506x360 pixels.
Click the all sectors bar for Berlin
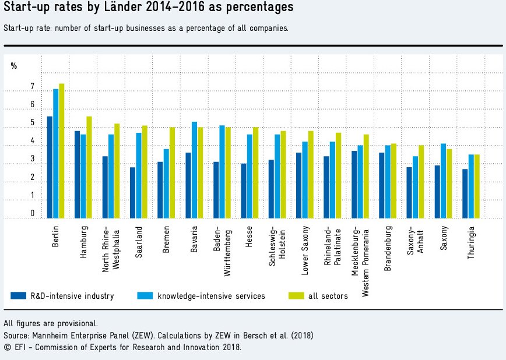(x=61, y=151)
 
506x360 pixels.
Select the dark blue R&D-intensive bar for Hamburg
(x=78, y=175)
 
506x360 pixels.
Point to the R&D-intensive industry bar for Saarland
(x=133, y=193)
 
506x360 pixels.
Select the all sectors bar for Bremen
(x=172, y=173)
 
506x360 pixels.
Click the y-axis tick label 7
(x=33, y=87)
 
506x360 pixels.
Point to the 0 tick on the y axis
(x=33, y=214)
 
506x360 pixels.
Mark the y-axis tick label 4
(x=33, y=142)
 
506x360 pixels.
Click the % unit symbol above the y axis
(x=14, y=66)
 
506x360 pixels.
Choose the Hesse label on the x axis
(x=249, y=238)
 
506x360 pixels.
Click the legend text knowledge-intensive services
(x=211, y=296)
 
